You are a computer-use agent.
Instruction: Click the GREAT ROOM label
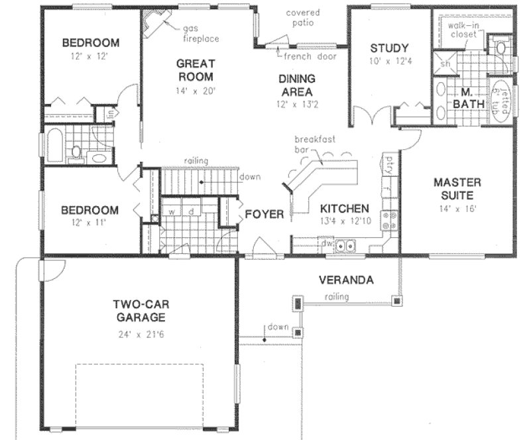pyautogui.click(x=196, y=70)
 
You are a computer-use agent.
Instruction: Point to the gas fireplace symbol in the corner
pyautogui.click(x=154, y=26)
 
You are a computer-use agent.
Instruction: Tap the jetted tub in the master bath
pyautogui.click(x=502, y=100)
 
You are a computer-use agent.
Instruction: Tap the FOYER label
pyautogui.click(x=264, y=214)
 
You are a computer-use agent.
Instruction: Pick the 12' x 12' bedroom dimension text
pyautogui.click(x=90, y=57)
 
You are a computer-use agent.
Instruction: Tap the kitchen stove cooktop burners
pyautogui.click(x=389, y=221)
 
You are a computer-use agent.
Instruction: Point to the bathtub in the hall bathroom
pyautogui.click(x=56, y=145)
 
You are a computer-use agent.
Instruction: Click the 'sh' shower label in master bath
pyautogui.click(x=445, y=64)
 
